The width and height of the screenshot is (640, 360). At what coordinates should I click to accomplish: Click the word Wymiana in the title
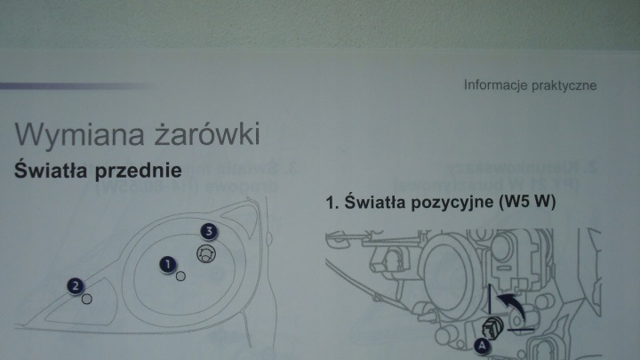[x=80, y=135]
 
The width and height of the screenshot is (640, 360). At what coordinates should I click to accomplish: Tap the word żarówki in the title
[x=207, y=132]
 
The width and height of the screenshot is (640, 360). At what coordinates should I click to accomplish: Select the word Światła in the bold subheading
[x=51, y=170]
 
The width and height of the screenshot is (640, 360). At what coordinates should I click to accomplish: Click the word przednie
[x=139, y=171]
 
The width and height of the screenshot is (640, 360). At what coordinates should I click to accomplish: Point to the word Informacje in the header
[x=494, y=85]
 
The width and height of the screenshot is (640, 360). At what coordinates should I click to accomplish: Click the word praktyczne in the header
[x=564, y=85]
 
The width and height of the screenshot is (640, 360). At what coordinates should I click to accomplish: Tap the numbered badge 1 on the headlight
[x=168, y=265]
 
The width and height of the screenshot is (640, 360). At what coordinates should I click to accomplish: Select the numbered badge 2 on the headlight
[x=76, y=285]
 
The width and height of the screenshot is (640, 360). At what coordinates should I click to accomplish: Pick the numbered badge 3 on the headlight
[x=209, y=231]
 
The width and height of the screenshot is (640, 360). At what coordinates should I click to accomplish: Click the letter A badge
[x=482, y=345]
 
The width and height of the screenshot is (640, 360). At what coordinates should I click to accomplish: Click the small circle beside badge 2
[x=86, y=300]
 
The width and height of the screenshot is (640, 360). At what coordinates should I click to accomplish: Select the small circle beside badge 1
[x=180, y=276]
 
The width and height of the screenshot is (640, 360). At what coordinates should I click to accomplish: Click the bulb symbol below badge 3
[x=206, y=254]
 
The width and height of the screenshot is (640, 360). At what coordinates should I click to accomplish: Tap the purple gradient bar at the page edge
[x=76, y=86]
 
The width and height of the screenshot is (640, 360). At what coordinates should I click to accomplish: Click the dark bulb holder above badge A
[x=492, y=326]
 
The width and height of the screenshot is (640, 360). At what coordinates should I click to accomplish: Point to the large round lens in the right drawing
[x=450, y=269]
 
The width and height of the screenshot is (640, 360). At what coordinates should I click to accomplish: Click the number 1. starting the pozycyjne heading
[x=332, y=203]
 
